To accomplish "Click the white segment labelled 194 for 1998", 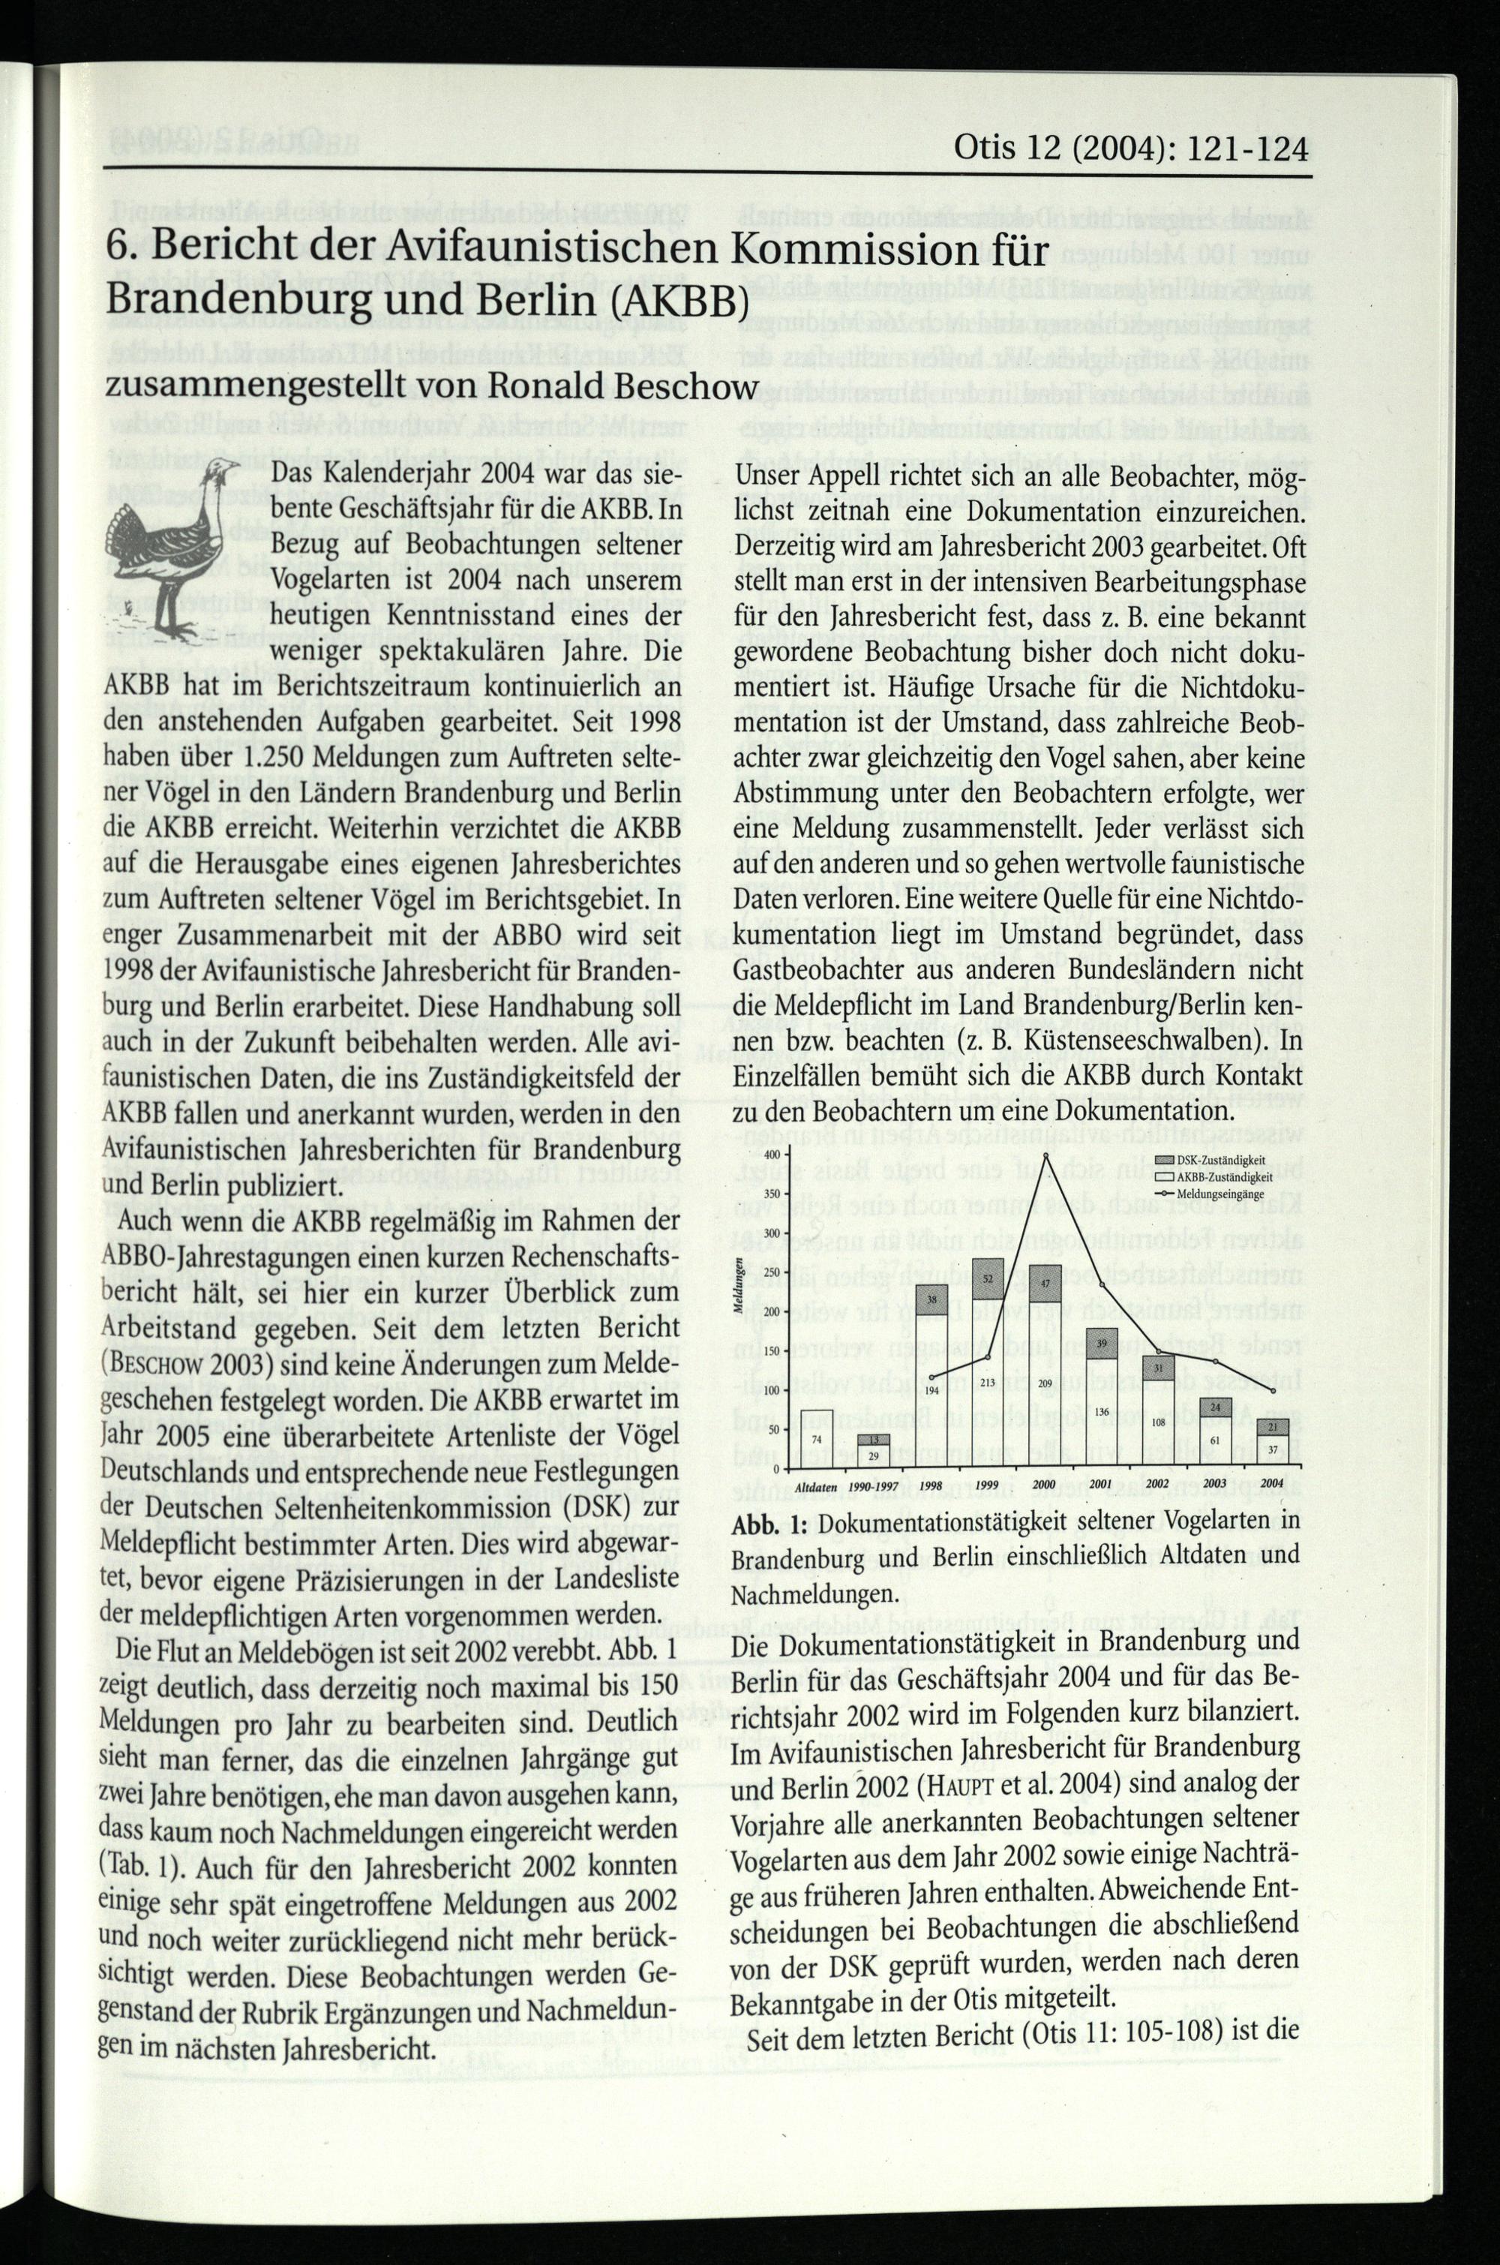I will tap(931, 1389).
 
